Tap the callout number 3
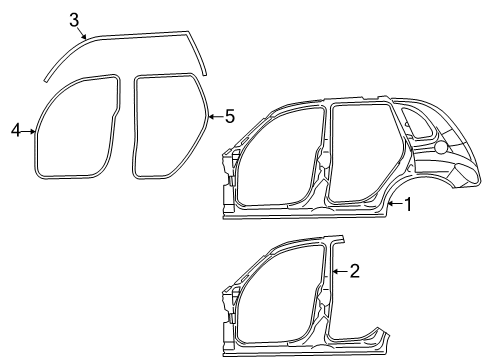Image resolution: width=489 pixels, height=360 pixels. (x=75, y=18)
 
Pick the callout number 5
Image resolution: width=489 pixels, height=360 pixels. (x=229, y=117)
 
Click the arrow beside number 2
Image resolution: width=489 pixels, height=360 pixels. (x=339, y=270)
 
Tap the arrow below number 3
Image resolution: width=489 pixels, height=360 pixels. (x=85, y=36)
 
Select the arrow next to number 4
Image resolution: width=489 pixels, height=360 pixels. (x=30, y=129)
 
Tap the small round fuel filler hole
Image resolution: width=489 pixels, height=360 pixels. (x=440, y=147)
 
